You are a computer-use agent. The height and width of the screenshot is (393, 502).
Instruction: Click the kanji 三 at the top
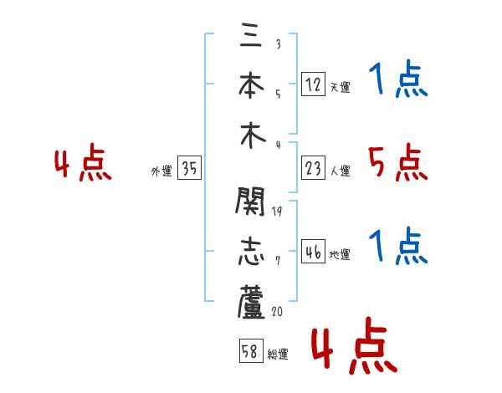click(251, 35)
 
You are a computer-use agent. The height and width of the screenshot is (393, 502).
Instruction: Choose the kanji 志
click(252, 252)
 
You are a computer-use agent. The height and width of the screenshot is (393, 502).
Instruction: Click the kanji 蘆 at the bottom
click(252, 302)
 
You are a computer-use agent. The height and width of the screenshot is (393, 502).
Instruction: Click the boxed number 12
click(313, 84)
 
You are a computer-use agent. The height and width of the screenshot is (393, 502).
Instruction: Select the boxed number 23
click(313, 168)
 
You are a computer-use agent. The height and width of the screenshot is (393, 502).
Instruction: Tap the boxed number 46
click(313, 252)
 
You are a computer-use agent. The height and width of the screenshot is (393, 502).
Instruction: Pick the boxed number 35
click(189, 169)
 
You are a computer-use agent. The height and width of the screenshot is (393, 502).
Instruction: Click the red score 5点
click(397, 162)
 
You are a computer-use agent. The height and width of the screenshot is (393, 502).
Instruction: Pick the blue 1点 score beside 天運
click(397, 81)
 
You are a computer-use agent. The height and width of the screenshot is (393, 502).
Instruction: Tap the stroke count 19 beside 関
click(278, 212)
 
